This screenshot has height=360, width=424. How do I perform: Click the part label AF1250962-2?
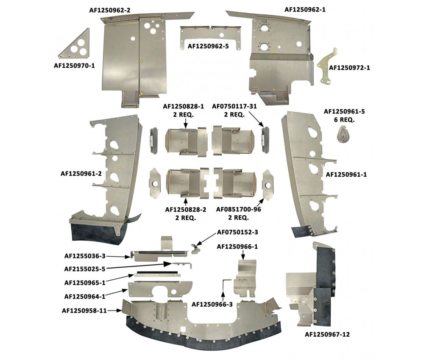pyautogui.click(x=110, y=10)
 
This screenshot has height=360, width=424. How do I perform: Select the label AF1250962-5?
pyautogui.click(x=208, y=47)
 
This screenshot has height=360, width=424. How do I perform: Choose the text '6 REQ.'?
pyautogui.click(x=344, y=119)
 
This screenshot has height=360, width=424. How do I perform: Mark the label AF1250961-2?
pyautogui.click(x=81, y=174)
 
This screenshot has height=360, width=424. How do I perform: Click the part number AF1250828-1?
pyautogui.click(x=183, y=106)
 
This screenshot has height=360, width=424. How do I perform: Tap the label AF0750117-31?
pyautogui.click(x=234, y=106)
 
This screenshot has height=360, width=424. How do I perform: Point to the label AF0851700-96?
pyautogui.click(x=238, y=209)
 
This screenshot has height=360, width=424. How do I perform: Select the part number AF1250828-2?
pyautogui.click(x=186, y=209)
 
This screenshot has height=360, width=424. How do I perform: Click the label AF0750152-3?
pyautogui.click(x=237, y=232)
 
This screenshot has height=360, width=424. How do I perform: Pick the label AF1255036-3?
pyautogui.click(x=85, y=256)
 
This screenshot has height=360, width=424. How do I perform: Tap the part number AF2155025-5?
pyautogui.click(x=85, y=269)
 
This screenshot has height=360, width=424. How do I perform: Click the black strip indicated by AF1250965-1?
pyautogui.click(x=157, y=272)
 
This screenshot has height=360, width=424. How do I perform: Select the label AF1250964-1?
pyautogui.click(x=85, y=296)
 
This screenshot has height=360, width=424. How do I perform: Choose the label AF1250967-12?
pyautogui.click(x=327, y=334)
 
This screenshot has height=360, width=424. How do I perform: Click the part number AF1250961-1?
pyautogui.click(x=346, y=175)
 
